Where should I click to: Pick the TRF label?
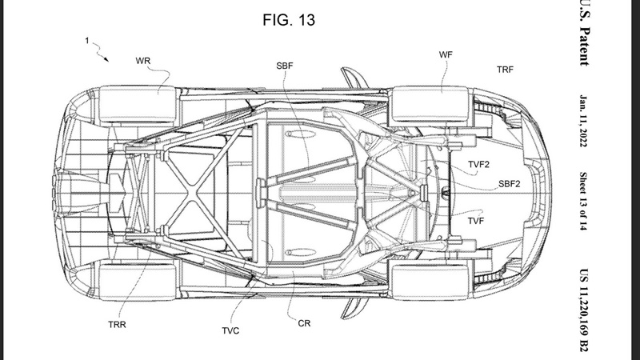(x=505, y=70)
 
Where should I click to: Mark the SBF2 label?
(x=510, y=183)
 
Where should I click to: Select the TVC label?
(x=232, y=329)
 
